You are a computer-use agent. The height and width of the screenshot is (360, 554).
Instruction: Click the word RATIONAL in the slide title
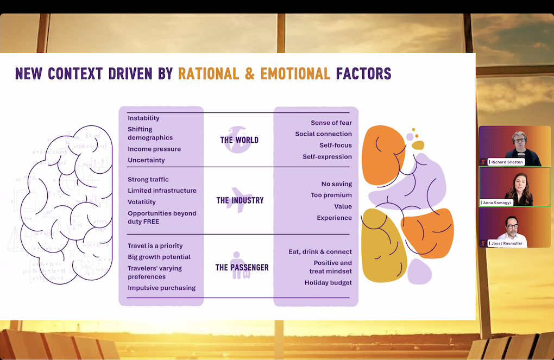click(209, 73)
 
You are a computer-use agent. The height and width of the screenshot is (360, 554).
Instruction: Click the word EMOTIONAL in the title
click(295, 73)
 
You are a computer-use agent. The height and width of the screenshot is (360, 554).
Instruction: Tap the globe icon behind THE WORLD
click(238, 139)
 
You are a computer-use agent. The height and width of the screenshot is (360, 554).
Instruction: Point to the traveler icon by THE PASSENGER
click(237, 265)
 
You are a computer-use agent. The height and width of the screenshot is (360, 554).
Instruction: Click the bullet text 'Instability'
click(143, 118)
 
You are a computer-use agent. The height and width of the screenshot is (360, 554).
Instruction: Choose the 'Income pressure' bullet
click(154, 149)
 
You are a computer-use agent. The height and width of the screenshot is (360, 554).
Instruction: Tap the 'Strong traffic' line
click(148, 179)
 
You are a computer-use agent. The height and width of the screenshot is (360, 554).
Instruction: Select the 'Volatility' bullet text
click(142, 202)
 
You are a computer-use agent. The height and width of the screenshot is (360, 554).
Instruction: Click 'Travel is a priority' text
click(155, 245)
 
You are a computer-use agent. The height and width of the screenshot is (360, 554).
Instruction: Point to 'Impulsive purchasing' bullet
click(161, 288)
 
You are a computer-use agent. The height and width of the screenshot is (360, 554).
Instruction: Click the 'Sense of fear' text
click(331, 123)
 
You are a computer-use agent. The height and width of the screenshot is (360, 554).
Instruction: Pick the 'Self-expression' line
click(327, 156)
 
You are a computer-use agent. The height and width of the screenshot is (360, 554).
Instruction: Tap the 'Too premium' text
click(331, 195)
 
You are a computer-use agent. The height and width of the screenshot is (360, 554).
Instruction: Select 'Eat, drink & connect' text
click(320, 251)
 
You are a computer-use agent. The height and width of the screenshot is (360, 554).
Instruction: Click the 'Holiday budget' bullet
click(328, 282)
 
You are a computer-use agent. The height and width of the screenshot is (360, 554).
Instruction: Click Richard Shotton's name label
click(507, 162)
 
